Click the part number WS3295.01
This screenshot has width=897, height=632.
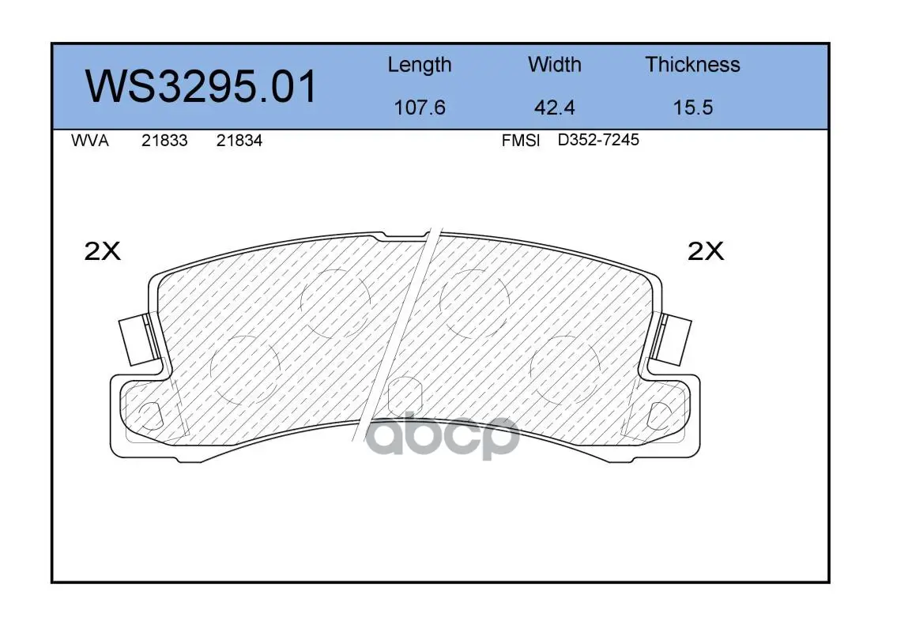point(201,86)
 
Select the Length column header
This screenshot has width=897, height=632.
point(420,66)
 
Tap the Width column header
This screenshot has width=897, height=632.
point(554,64)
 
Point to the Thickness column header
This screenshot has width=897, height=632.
point(692,64)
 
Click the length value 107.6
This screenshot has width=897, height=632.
point(420,107)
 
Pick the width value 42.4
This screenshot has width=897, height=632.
point(554,107)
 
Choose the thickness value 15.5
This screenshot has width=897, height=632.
point(693,107)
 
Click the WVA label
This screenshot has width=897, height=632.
point(90,141)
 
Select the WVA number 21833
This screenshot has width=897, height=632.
point(164,141)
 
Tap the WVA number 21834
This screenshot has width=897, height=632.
point(239,141)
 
